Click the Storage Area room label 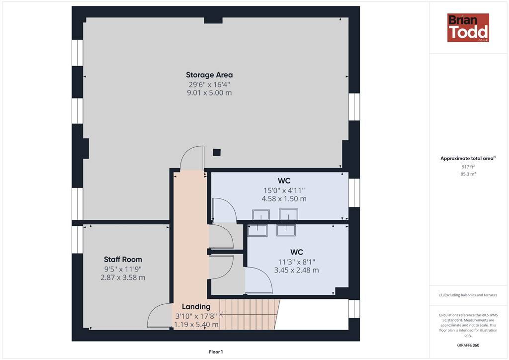click(209, 75)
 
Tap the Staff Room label click(123, 260)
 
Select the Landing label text click(196, 306)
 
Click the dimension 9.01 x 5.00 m click(209, 93)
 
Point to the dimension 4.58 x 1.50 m click(284, 199)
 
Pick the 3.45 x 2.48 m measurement click(296, 270)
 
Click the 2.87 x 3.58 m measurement click(123, 277)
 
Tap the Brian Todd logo click(468, 27)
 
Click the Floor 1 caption click(216, 352)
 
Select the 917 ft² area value click(468, 167)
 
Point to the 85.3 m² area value click(468, 174)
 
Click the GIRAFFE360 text click(468, 345)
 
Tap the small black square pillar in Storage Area click(217, 152)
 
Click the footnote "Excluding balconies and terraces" click(468, 295)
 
